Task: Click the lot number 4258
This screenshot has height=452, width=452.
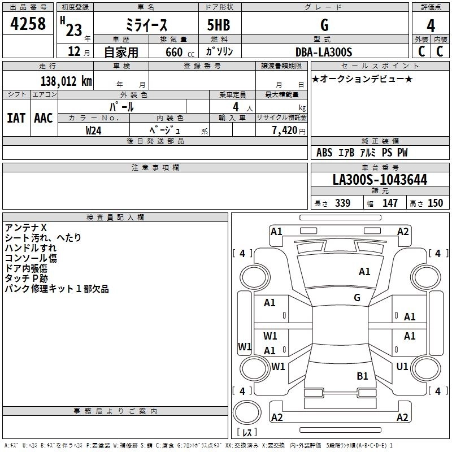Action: (x=28, y=24)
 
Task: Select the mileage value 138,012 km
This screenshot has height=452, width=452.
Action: (x=66, y=81)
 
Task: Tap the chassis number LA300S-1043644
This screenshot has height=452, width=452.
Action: (x=380, y=180)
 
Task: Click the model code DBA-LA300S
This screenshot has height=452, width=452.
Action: (x=324, y=52)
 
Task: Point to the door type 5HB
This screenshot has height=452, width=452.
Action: (x=219, y=25)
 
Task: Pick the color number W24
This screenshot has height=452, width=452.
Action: (x=93, y=131)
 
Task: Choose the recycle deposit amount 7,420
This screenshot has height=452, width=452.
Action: (x=285, y=131)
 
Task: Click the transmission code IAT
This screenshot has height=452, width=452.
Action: (x=16, y=118)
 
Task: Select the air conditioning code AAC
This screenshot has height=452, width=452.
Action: (x=44, y=118)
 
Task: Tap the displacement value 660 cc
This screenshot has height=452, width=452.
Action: (x=180, y=53)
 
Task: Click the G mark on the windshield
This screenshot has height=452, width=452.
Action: (x=357, y=298)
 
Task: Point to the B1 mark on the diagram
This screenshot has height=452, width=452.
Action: (x=362, y=376)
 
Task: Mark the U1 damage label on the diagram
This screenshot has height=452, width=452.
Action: (x=402, y=366)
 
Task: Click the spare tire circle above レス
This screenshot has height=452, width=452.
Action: (x=247, y=412)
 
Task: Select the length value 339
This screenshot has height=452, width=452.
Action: (x=343, y=203)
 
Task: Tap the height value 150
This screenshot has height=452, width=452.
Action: (x=435, y=203)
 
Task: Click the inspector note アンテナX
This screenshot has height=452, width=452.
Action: (x=25, y=228)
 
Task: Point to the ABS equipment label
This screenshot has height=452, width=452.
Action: (x=324, y=153)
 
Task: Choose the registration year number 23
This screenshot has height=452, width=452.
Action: (x=74, y=30)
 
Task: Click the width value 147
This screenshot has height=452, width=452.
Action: (x=390, y=203)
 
